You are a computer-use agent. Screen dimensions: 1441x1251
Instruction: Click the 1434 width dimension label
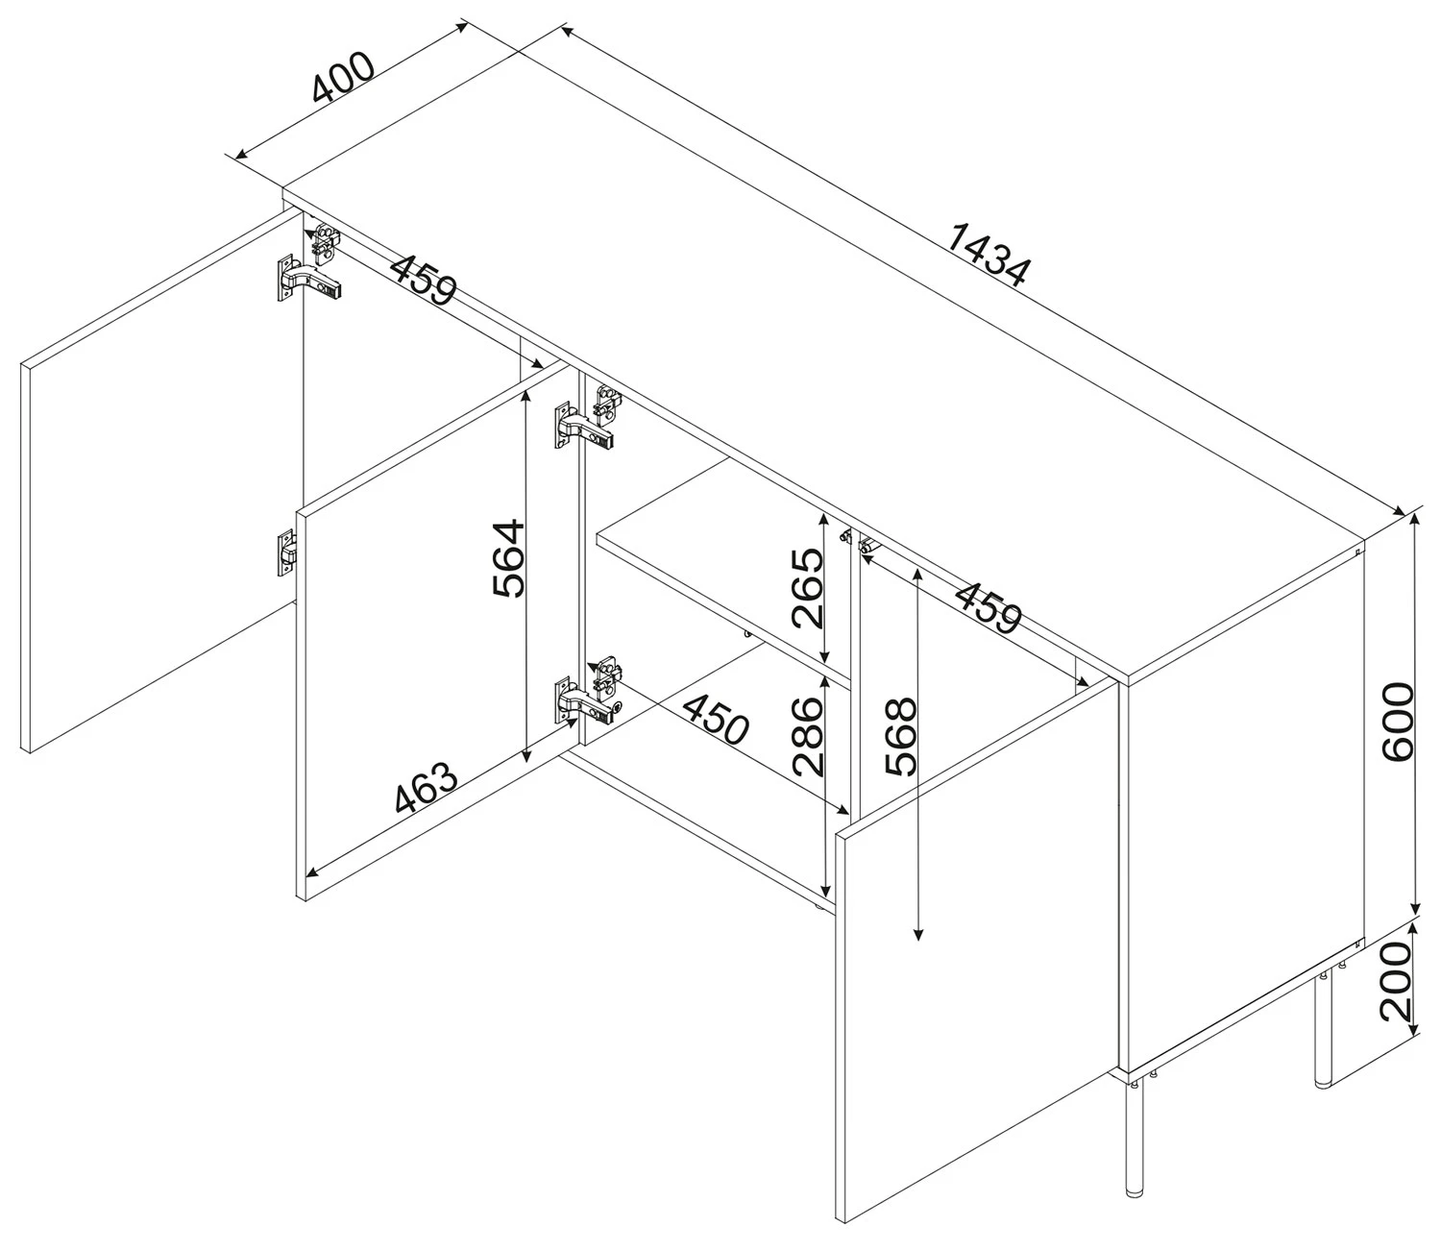989,256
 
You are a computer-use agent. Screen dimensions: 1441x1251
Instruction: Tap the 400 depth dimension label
343,77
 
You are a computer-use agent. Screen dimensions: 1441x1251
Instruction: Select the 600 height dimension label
1398,721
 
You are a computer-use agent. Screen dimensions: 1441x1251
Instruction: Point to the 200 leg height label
1397,981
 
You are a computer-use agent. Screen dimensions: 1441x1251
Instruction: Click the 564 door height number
508,558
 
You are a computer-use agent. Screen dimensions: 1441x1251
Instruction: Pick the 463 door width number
427,787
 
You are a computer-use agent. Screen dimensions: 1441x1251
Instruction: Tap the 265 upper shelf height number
807,588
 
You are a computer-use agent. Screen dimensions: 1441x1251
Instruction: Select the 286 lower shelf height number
807,737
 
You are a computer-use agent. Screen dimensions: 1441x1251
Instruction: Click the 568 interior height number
901,737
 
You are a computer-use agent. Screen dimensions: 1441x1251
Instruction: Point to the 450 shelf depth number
716,720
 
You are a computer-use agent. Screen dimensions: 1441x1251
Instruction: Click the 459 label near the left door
424,280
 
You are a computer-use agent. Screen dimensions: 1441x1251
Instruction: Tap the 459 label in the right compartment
988,607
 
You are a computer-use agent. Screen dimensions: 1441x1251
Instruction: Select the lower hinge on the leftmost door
286,552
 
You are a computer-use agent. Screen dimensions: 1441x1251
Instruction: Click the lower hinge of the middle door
587,701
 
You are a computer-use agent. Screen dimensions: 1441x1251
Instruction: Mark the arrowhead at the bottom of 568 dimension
917,934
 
